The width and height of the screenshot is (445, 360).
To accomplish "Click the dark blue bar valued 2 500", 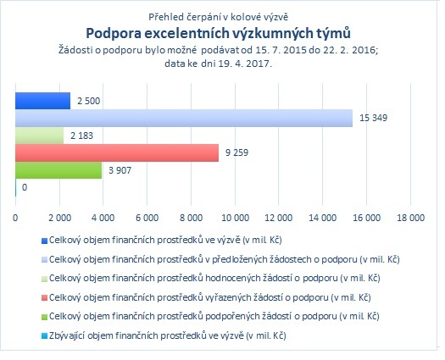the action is coord(43,101).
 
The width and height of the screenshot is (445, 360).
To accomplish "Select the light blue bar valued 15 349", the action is coord(184,118).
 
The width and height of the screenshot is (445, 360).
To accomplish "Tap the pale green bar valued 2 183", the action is coord(40,136).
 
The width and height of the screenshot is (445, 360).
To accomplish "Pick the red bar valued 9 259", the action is coord(117,153).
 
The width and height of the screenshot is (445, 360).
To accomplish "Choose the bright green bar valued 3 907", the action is coord(58,170).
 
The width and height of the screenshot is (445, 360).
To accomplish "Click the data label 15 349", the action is coord(373,118).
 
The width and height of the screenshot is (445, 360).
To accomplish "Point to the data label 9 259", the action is coord(236,152).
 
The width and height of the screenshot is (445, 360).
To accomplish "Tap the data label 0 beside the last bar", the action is coord(25,187).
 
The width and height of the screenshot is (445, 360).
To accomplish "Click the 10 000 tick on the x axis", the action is coord(235,218).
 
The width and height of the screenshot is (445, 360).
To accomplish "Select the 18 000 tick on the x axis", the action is coord(410,218).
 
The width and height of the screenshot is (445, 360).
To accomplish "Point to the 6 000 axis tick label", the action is coord(147,218).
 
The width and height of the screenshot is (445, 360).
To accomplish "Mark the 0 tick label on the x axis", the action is coord(15,218).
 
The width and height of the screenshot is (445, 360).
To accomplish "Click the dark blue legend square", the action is coord(44,241).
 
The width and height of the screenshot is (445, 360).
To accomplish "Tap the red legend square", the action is coord(44,298).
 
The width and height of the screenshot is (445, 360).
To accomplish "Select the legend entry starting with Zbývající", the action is coord(168,336).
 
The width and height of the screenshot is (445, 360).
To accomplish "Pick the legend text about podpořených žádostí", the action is coord(214,316).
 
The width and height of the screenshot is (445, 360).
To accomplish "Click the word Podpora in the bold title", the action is coord(114,34).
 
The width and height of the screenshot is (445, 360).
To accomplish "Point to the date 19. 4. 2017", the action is coord(245,64).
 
